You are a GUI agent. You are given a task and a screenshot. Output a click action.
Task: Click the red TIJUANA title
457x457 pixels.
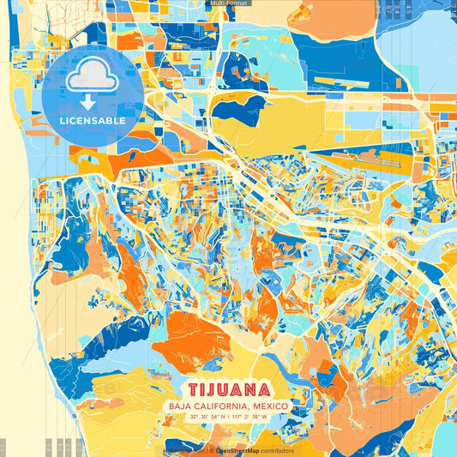[228, 389]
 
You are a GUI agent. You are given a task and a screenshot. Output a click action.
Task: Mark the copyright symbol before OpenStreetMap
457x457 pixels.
[211, 450]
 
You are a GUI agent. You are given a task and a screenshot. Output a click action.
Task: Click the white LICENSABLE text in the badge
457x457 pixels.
[92, 121]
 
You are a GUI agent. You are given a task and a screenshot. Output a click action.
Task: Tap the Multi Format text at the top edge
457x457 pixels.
[228, 3]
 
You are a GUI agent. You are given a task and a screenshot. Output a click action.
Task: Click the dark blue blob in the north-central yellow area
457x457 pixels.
[242, 108]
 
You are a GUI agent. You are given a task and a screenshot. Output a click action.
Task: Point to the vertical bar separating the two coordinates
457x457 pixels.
[229, 417]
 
